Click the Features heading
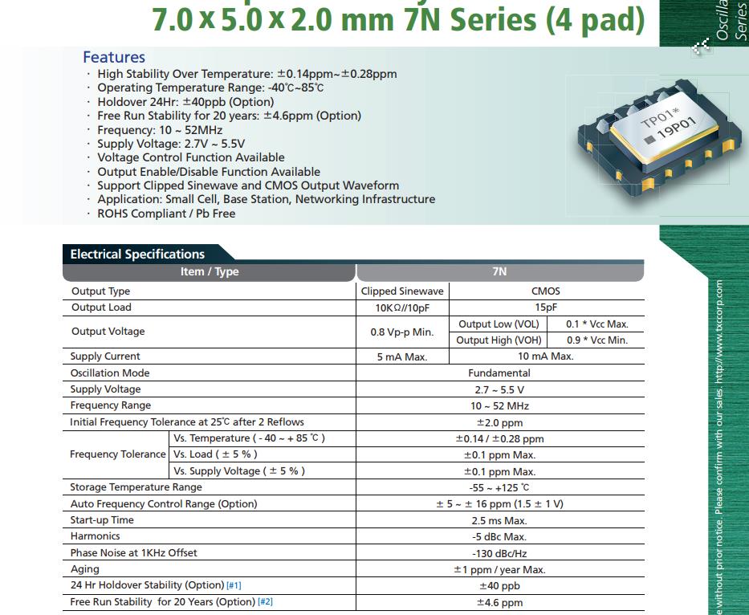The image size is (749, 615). tap(114, 57)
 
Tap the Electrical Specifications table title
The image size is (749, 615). tap(137, 254)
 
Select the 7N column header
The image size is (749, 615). tap(499, 271)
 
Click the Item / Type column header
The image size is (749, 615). tap(209, 271)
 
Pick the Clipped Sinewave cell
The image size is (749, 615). tap(402, 291)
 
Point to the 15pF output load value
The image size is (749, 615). tap(546, 307)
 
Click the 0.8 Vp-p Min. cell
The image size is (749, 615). tap(402, 332)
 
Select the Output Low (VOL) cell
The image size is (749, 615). tap(498, 324)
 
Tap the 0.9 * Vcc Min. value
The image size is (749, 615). tap(596, 340)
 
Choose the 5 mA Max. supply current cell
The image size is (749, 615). tap(402, 356)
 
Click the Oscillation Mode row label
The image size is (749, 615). tap(110, 373)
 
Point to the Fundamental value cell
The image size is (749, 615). tap(499, 373)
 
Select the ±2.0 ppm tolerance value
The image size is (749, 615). tap(499, 422)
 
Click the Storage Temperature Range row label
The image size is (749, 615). tap(136, 487)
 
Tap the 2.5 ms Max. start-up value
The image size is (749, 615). tap(499, 520)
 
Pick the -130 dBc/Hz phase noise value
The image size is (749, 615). tap(499, 553)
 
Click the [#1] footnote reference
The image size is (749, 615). tap(234, 585)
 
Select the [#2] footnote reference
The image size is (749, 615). tap(265, 602)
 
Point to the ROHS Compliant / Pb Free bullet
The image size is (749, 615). tap(166, 214)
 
